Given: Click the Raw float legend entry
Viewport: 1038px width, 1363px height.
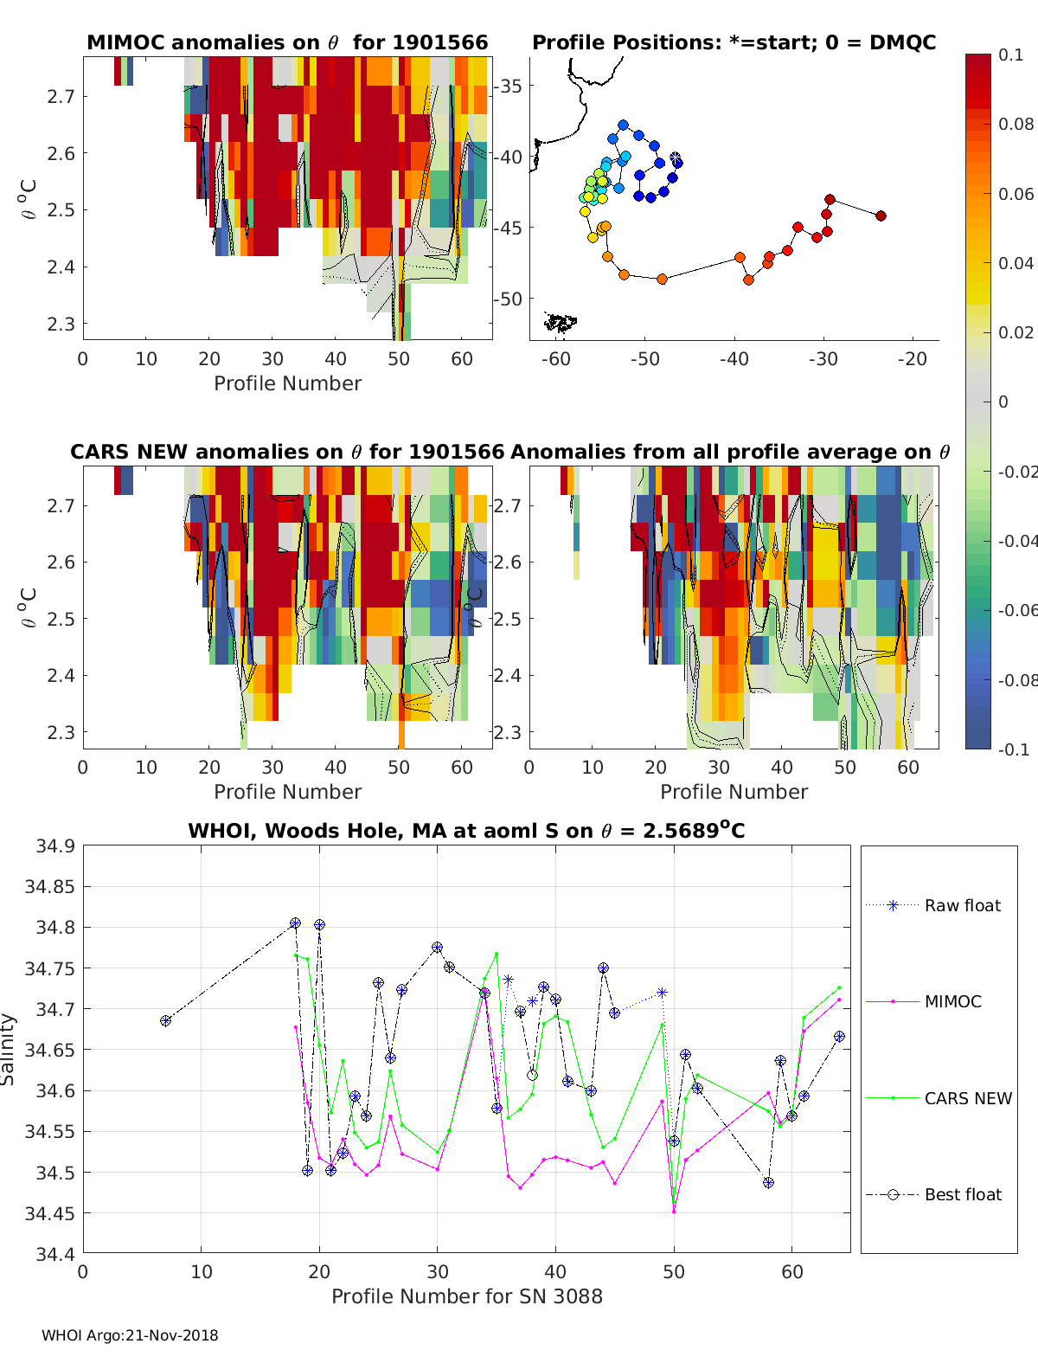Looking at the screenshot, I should point(962,905).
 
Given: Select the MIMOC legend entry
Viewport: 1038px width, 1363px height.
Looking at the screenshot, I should point(952,1001).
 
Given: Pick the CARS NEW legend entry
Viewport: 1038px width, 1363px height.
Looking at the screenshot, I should point(967,1098).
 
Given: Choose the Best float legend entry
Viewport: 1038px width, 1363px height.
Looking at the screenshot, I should point(962,1194).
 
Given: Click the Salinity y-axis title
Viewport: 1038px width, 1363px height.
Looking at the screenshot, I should point(9,1049).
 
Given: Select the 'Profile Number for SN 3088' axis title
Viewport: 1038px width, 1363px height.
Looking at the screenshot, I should point(466,1296).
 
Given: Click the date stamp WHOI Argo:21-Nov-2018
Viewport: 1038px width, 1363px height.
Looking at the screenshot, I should point(130,1335).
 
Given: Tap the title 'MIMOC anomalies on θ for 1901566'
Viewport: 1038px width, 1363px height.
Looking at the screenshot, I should point(287,42).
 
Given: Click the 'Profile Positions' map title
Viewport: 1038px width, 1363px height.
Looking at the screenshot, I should point(734,42).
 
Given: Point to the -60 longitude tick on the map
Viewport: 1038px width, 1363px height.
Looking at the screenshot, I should point(556,359).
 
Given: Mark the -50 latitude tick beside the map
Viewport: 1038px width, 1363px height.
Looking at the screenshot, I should point(509,299).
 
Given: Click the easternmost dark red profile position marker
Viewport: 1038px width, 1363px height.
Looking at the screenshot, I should point(881,215).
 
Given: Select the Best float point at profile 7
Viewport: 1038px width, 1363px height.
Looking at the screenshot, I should point(165,1021).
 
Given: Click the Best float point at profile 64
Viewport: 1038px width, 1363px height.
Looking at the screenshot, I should point(839,1037).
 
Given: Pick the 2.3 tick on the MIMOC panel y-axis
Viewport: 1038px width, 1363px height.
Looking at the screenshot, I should point(61,324).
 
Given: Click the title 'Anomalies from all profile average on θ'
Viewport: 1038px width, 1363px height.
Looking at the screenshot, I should point(730,452).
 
